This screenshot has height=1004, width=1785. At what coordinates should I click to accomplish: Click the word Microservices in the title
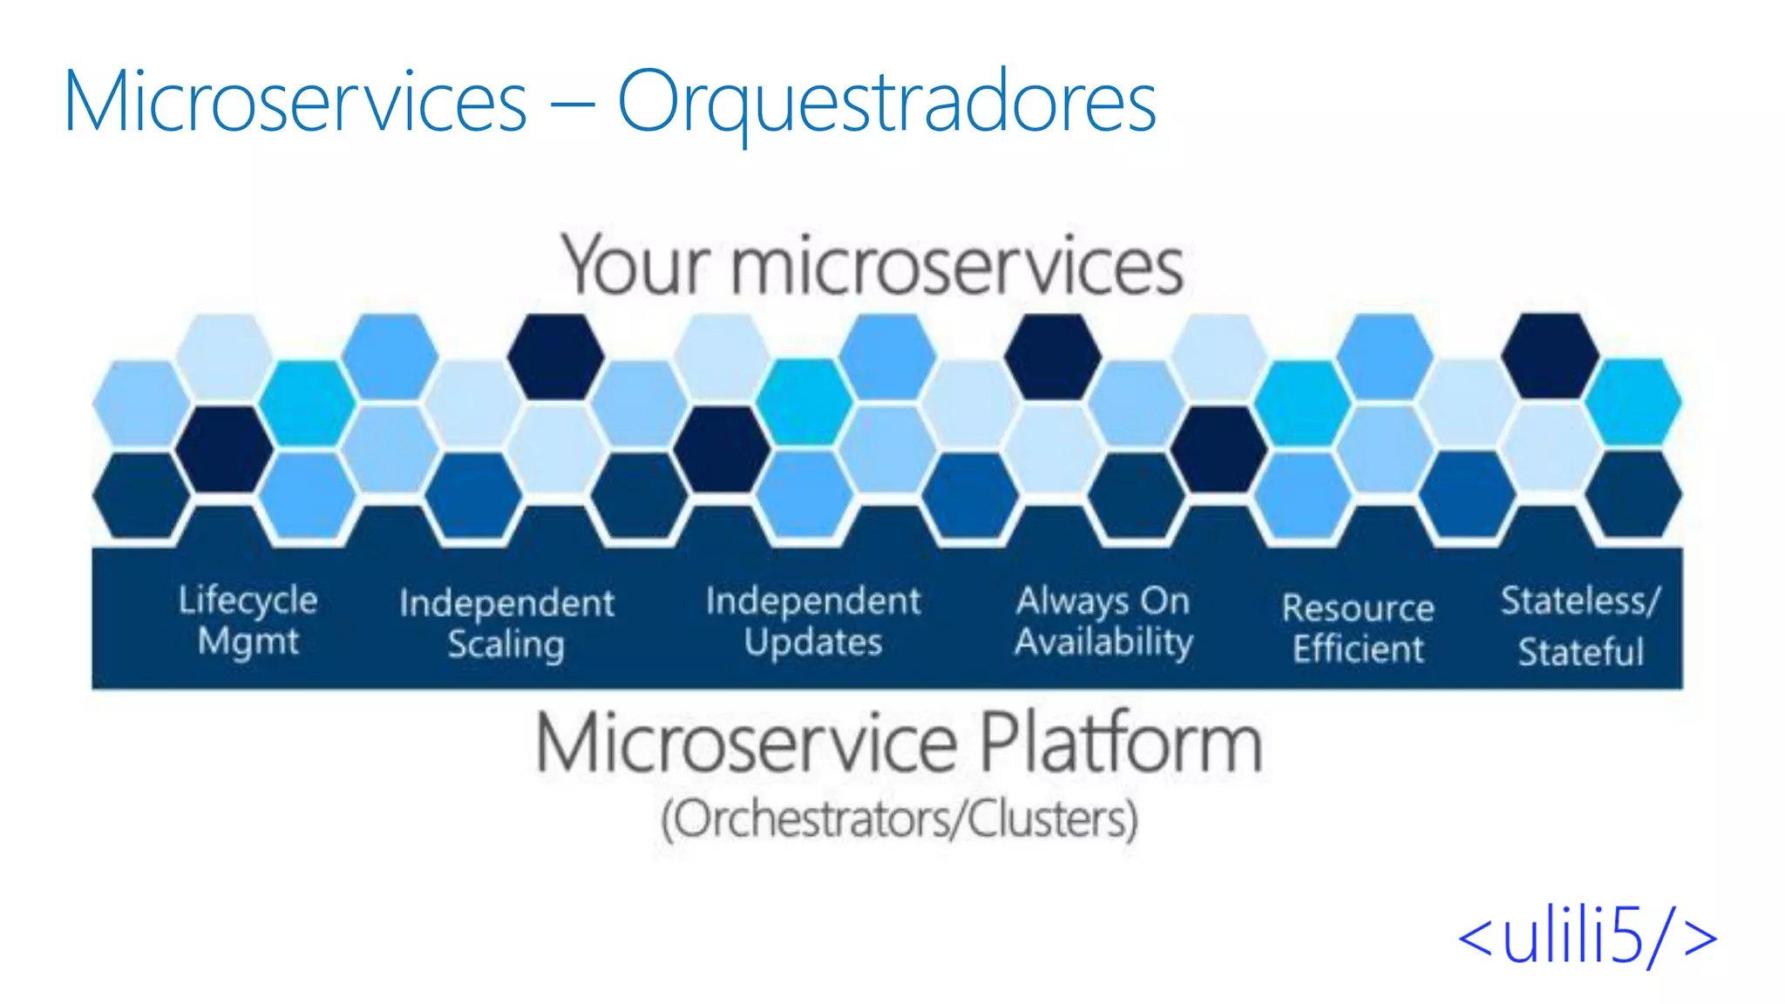click(x=295, y=102)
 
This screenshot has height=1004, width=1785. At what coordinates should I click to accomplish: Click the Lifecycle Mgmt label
click(x=248, y=620)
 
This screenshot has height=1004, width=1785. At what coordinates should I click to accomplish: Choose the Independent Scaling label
click(x=506, y=623)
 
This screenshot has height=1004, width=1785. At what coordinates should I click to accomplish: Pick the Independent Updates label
click(x=812, y=621)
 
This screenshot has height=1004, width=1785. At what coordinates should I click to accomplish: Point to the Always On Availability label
click(x=1103, y=621)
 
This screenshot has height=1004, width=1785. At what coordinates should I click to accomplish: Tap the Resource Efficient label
click(x=1358, y=627)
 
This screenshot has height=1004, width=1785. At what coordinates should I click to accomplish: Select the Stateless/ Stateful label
click(x=1580, y=626)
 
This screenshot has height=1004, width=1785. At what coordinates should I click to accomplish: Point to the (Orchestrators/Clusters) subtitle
click(x=899, y=819)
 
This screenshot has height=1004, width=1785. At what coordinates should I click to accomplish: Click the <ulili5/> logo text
click(x=1586, y=937)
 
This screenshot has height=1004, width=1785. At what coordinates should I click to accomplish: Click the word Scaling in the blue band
click(x=506, y=645)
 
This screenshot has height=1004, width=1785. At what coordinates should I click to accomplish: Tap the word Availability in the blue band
click(x=1103, y=642)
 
